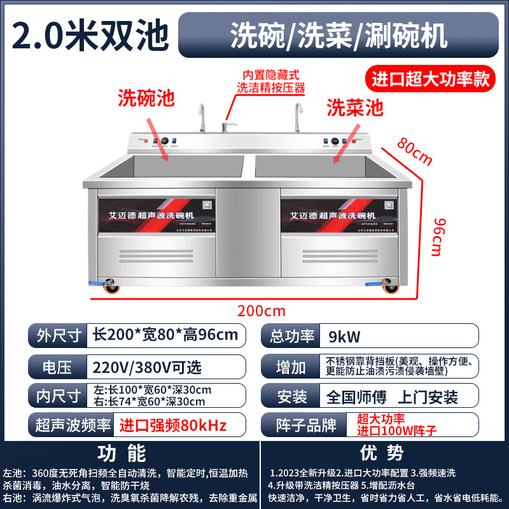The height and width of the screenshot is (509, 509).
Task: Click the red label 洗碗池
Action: (x=146, y=98)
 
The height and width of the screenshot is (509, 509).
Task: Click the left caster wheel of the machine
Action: (x=112, y=288)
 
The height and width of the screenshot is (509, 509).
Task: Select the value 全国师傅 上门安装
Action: (x=391, y=397)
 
